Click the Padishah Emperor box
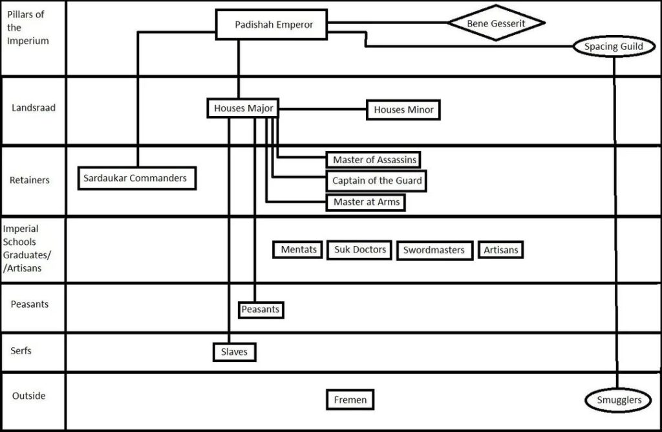click(x=273, y=25)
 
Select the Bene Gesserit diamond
click(x=496, y=23)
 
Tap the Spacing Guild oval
click(x=614, y=47)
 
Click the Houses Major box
click(x=243, y=109)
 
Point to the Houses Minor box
click(x=403, y=110)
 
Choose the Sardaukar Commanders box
click(x=135, y=178)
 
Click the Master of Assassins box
click(x=374, y=159)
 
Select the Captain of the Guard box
click(x=378, y=181)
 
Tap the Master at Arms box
click(x=367, y=202)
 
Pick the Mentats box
click(x=297, y=249)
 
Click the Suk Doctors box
click(x=360, y=249)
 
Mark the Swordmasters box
click(x=434, y=250)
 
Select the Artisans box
click(x=500, y=249)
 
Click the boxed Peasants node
click(x=261, y=310)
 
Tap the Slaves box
click(x=234, y=352)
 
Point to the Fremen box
click(x=350, y=400)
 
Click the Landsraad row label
click(x=34, y=108)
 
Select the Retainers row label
click(x=30, y=180)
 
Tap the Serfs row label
click(x=21, y=351)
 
